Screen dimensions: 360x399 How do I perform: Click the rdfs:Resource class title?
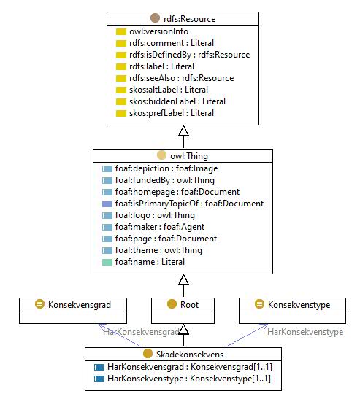click(190, 19)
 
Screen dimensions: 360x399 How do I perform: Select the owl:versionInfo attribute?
click(158, 31)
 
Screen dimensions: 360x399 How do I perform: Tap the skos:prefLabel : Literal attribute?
click(172, 113)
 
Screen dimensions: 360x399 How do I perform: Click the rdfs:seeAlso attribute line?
click(181, 78)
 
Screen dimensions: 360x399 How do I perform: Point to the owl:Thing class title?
click(189, 156)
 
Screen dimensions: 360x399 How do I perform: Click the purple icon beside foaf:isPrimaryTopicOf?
click(107, 204)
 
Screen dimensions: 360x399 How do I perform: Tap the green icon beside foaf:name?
click(107, 262)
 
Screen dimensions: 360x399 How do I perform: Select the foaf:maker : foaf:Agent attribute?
click(160, 227)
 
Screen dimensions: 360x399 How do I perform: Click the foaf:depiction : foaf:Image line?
click(166, 168)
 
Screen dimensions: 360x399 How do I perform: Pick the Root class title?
click(189, 305)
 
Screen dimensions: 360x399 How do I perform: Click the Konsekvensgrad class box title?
click(80, 305)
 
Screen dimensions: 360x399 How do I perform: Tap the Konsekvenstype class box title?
click(299, 305)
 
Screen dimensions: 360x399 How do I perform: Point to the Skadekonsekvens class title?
click(190, 355)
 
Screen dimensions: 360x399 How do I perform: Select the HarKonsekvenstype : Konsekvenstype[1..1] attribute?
click(189, 379)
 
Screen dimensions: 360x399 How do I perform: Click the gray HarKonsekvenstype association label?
click(305, 332)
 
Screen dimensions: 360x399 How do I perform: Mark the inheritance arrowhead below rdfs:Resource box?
click(183, 131)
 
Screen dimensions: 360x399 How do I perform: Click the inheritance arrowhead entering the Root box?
click(183, 329)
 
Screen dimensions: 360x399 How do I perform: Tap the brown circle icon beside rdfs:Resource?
click(155, 18)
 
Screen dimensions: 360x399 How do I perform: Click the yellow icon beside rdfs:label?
click(121, 66)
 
